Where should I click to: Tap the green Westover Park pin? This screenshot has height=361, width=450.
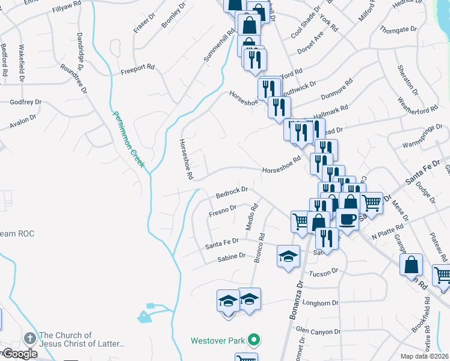coord(254,341)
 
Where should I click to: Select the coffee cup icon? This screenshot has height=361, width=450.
coord(347,219)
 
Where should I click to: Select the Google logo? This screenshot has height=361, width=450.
coord(19,354)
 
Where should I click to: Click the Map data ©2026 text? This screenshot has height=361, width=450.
coord(425,356)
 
